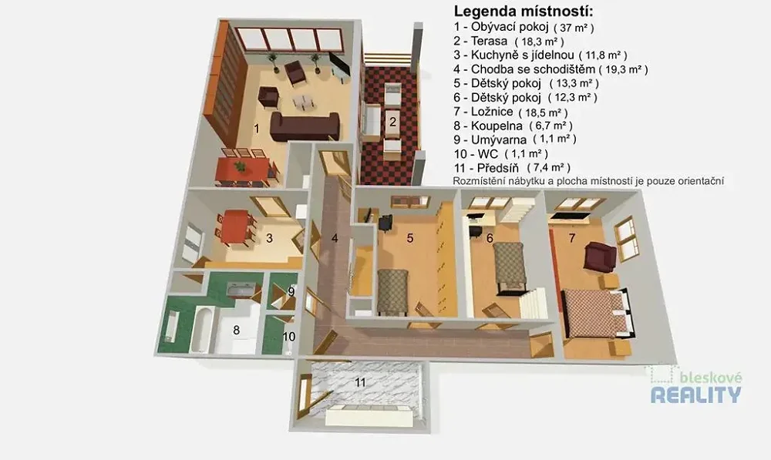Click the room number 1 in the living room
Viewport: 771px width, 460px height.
(256, 129)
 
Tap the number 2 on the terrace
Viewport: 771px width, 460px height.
(392, 121)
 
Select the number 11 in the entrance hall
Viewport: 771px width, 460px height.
(360, 382)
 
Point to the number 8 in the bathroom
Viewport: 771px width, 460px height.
(237, 330)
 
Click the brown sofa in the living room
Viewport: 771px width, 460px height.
(305, 127)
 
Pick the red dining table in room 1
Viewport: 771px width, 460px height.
(244, 169)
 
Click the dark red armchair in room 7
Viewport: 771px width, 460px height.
(599, 256)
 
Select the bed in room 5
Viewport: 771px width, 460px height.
(392, 292)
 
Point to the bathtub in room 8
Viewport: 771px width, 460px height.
(200, 330)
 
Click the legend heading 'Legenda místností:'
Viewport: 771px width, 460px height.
(524, 12)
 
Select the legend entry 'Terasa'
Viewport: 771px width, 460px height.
(489, 42)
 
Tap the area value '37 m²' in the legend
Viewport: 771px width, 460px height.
(574, 28)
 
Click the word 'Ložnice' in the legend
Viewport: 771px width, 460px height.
(492, 112)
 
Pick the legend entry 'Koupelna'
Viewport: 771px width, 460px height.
(497, 126)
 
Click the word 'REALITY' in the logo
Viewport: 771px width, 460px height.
(695, 395)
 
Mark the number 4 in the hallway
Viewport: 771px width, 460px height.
(335, 238)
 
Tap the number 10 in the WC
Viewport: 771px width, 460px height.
(288, 337)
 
